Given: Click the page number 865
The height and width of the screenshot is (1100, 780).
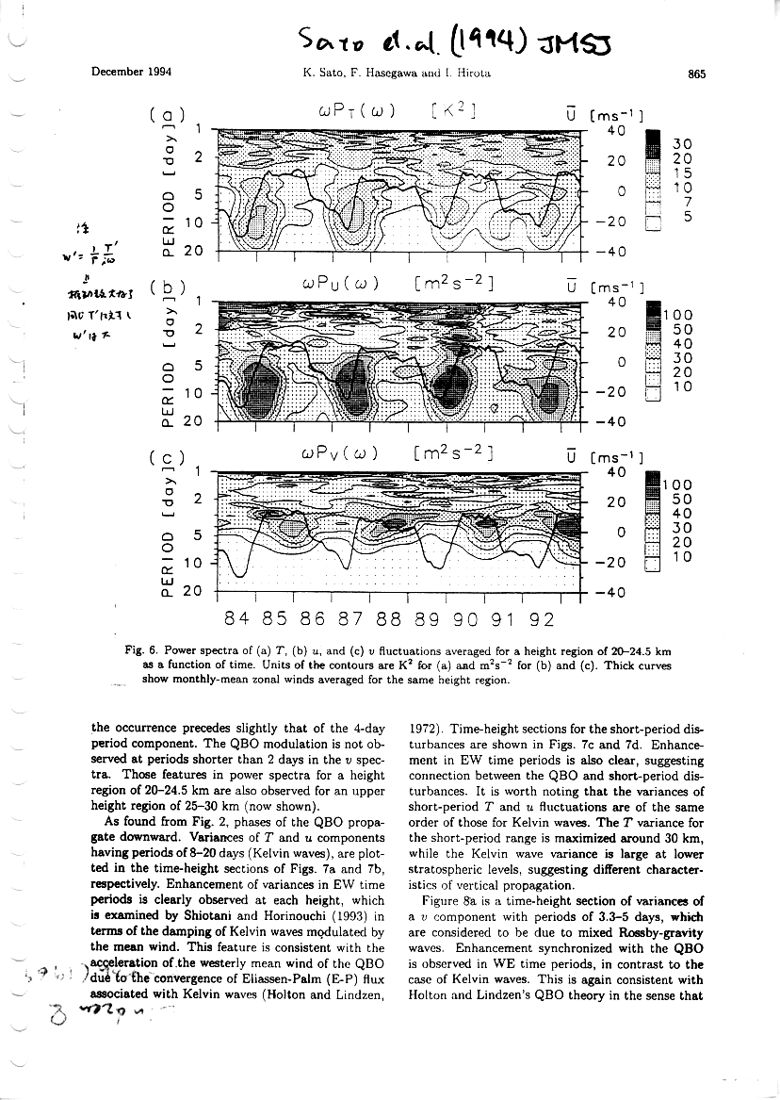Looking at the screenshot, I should click(698, 73).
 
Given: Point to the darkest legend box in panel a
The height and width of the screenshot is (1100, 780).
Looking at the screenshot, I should click(652, 141).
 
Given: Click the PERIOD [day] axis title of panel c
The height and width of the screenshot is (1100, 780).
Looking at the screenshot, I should click(168, 538).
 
